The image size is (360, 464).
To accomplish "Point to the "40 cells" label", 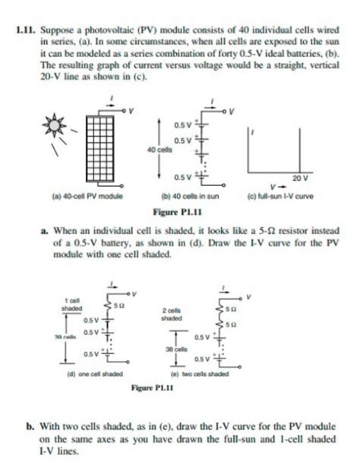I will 165,150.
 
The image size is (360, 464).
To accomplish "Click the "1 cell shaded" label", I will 73,304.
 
